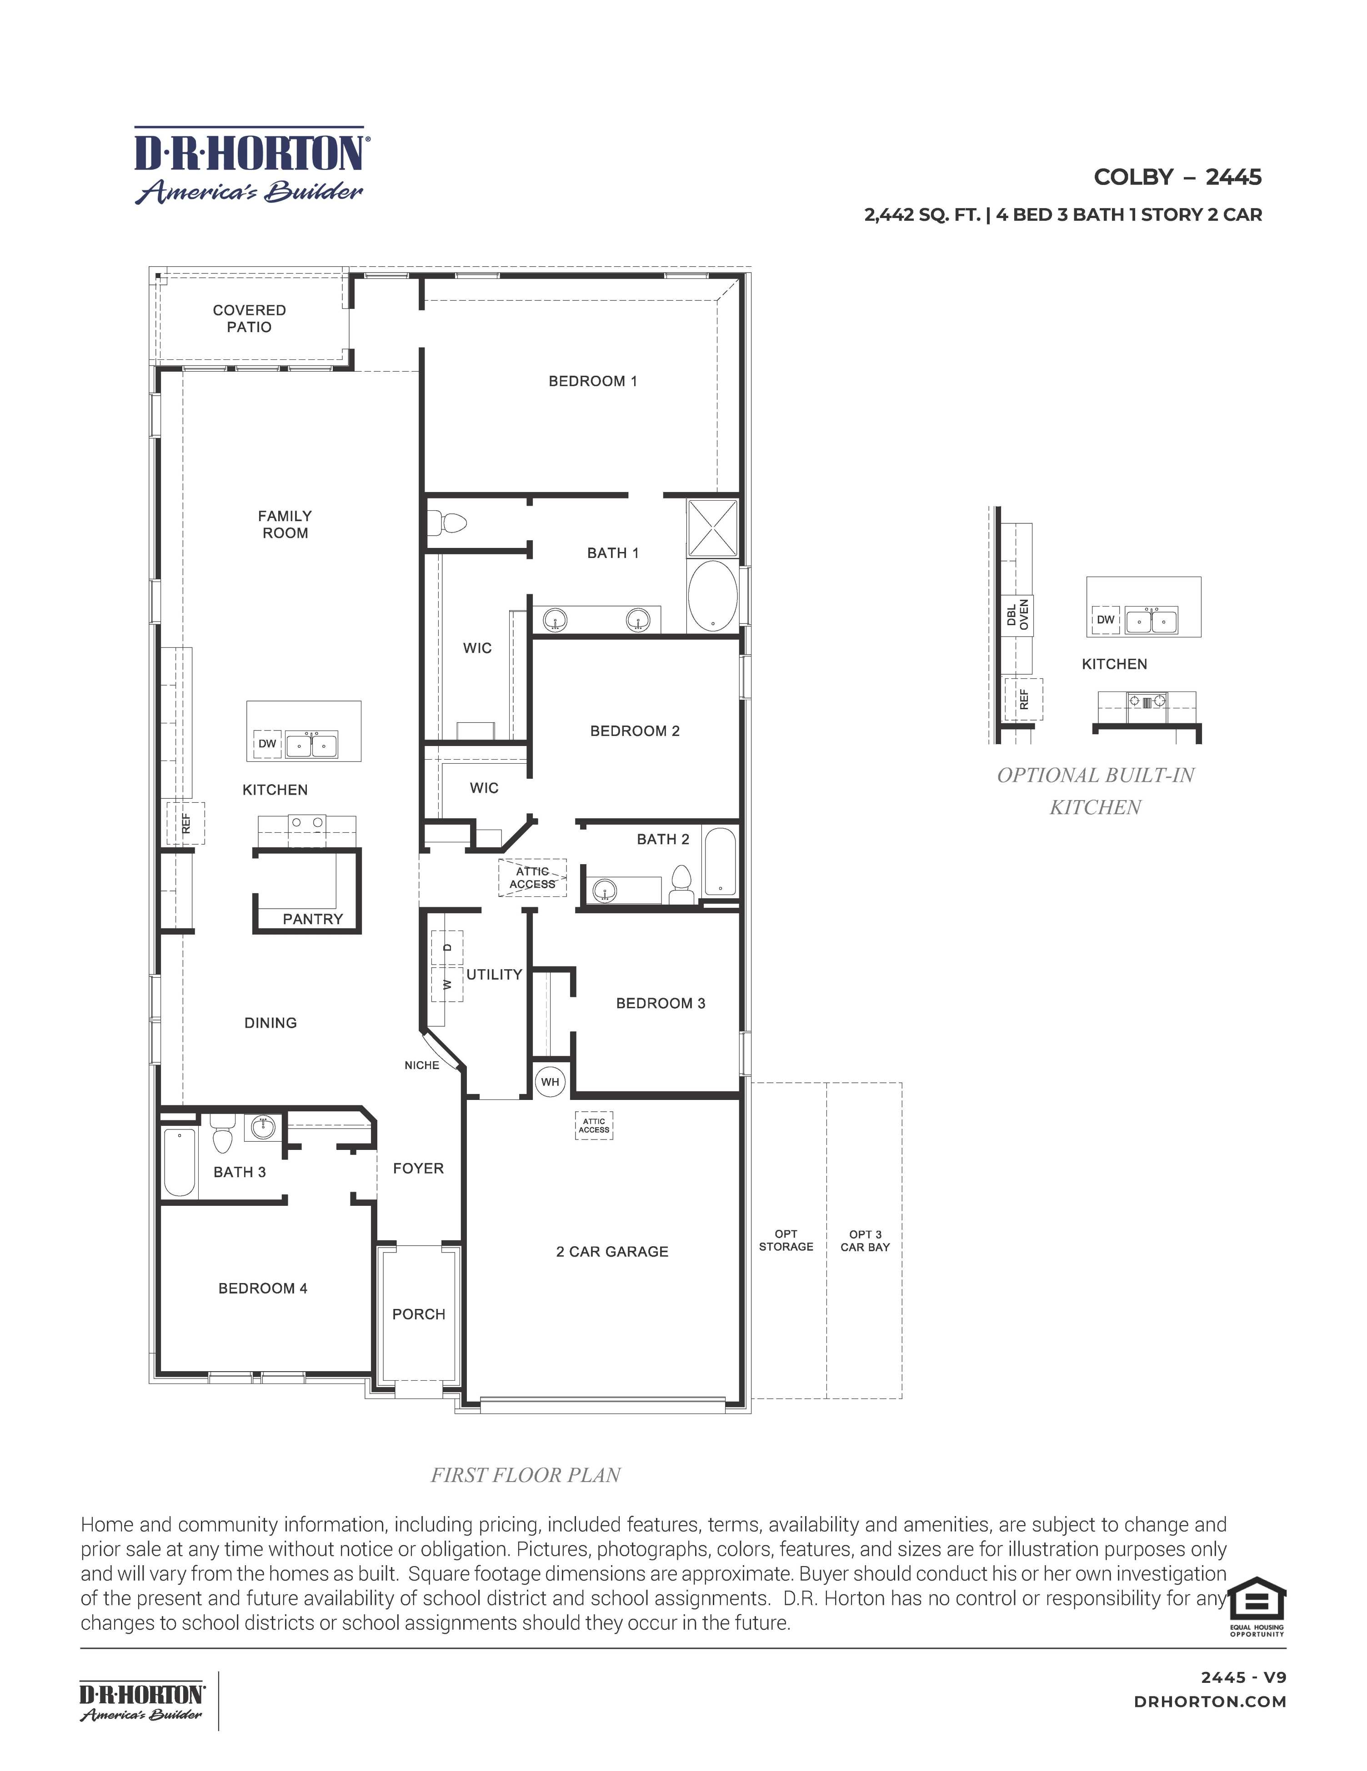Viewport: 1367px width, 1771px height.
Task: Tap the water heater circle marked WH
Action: pos(550,1082)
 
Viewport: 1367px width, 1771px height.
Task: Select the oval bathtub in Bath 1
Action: pos(712,597)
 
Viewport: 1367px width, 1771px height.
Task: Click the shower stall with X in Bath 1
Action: pos(712,528)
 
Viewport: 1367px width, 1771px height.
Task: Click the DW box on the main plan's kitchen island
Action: pos(267,744)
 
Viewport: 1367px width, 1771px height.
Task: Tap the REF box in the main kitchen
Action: pos(186,823)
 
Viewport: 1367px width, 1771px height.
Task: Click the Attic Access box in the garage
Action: pos(594,1125)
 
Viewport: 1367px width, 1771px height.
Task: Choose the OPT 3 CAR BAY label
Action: pos(865,1241)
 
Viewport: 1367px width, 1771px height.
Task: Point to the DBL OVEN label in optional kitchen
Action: pos(1017,615)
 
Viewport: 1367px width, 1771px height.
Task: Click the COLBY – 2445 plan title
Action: pos(1177,177)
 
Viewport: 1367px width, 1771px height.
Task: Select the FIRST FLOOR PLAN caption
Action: pos(525,1475)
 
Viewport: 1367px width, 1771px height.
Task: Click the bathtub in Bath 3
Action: pos(179,1162)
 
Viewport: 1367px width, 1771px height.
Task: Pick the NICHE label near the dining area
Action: pos(422,1065)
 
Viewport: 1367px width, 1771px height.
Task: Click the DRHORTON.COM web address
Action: pos(1210,1702)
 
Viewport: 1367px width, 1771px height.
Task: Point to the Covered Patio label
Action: pos(249,318)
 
